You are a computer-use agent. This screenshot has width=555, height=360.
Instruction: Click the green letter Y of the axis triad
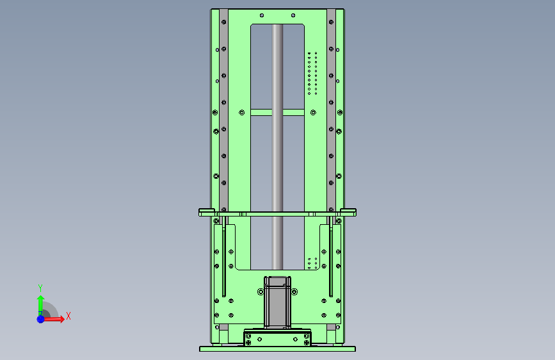coord(40,288)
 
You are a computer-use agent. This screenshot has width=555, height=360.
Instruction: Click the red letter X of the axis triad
coord(68,316)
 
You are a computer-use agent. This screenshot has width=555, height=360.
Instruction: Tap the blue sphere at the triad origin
coord(41,319)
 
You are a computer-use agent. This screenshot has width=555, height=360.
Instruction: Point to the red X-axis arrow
coord(53,319)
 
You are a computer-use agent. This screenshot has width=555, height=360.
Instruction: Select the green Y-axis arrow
coord(41,306)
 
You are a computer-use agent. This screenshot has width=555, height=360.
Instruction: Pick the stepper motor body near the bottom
coord(278,302)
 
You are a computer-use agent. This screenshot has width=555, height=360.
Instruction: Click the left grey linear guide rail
coord(223,110)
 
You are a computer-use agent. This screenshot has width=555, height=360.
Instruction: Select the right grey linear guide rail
coord(331,110)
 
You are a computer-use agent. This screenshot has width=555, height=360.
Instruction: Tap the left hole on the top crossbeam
coord(262,15)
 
